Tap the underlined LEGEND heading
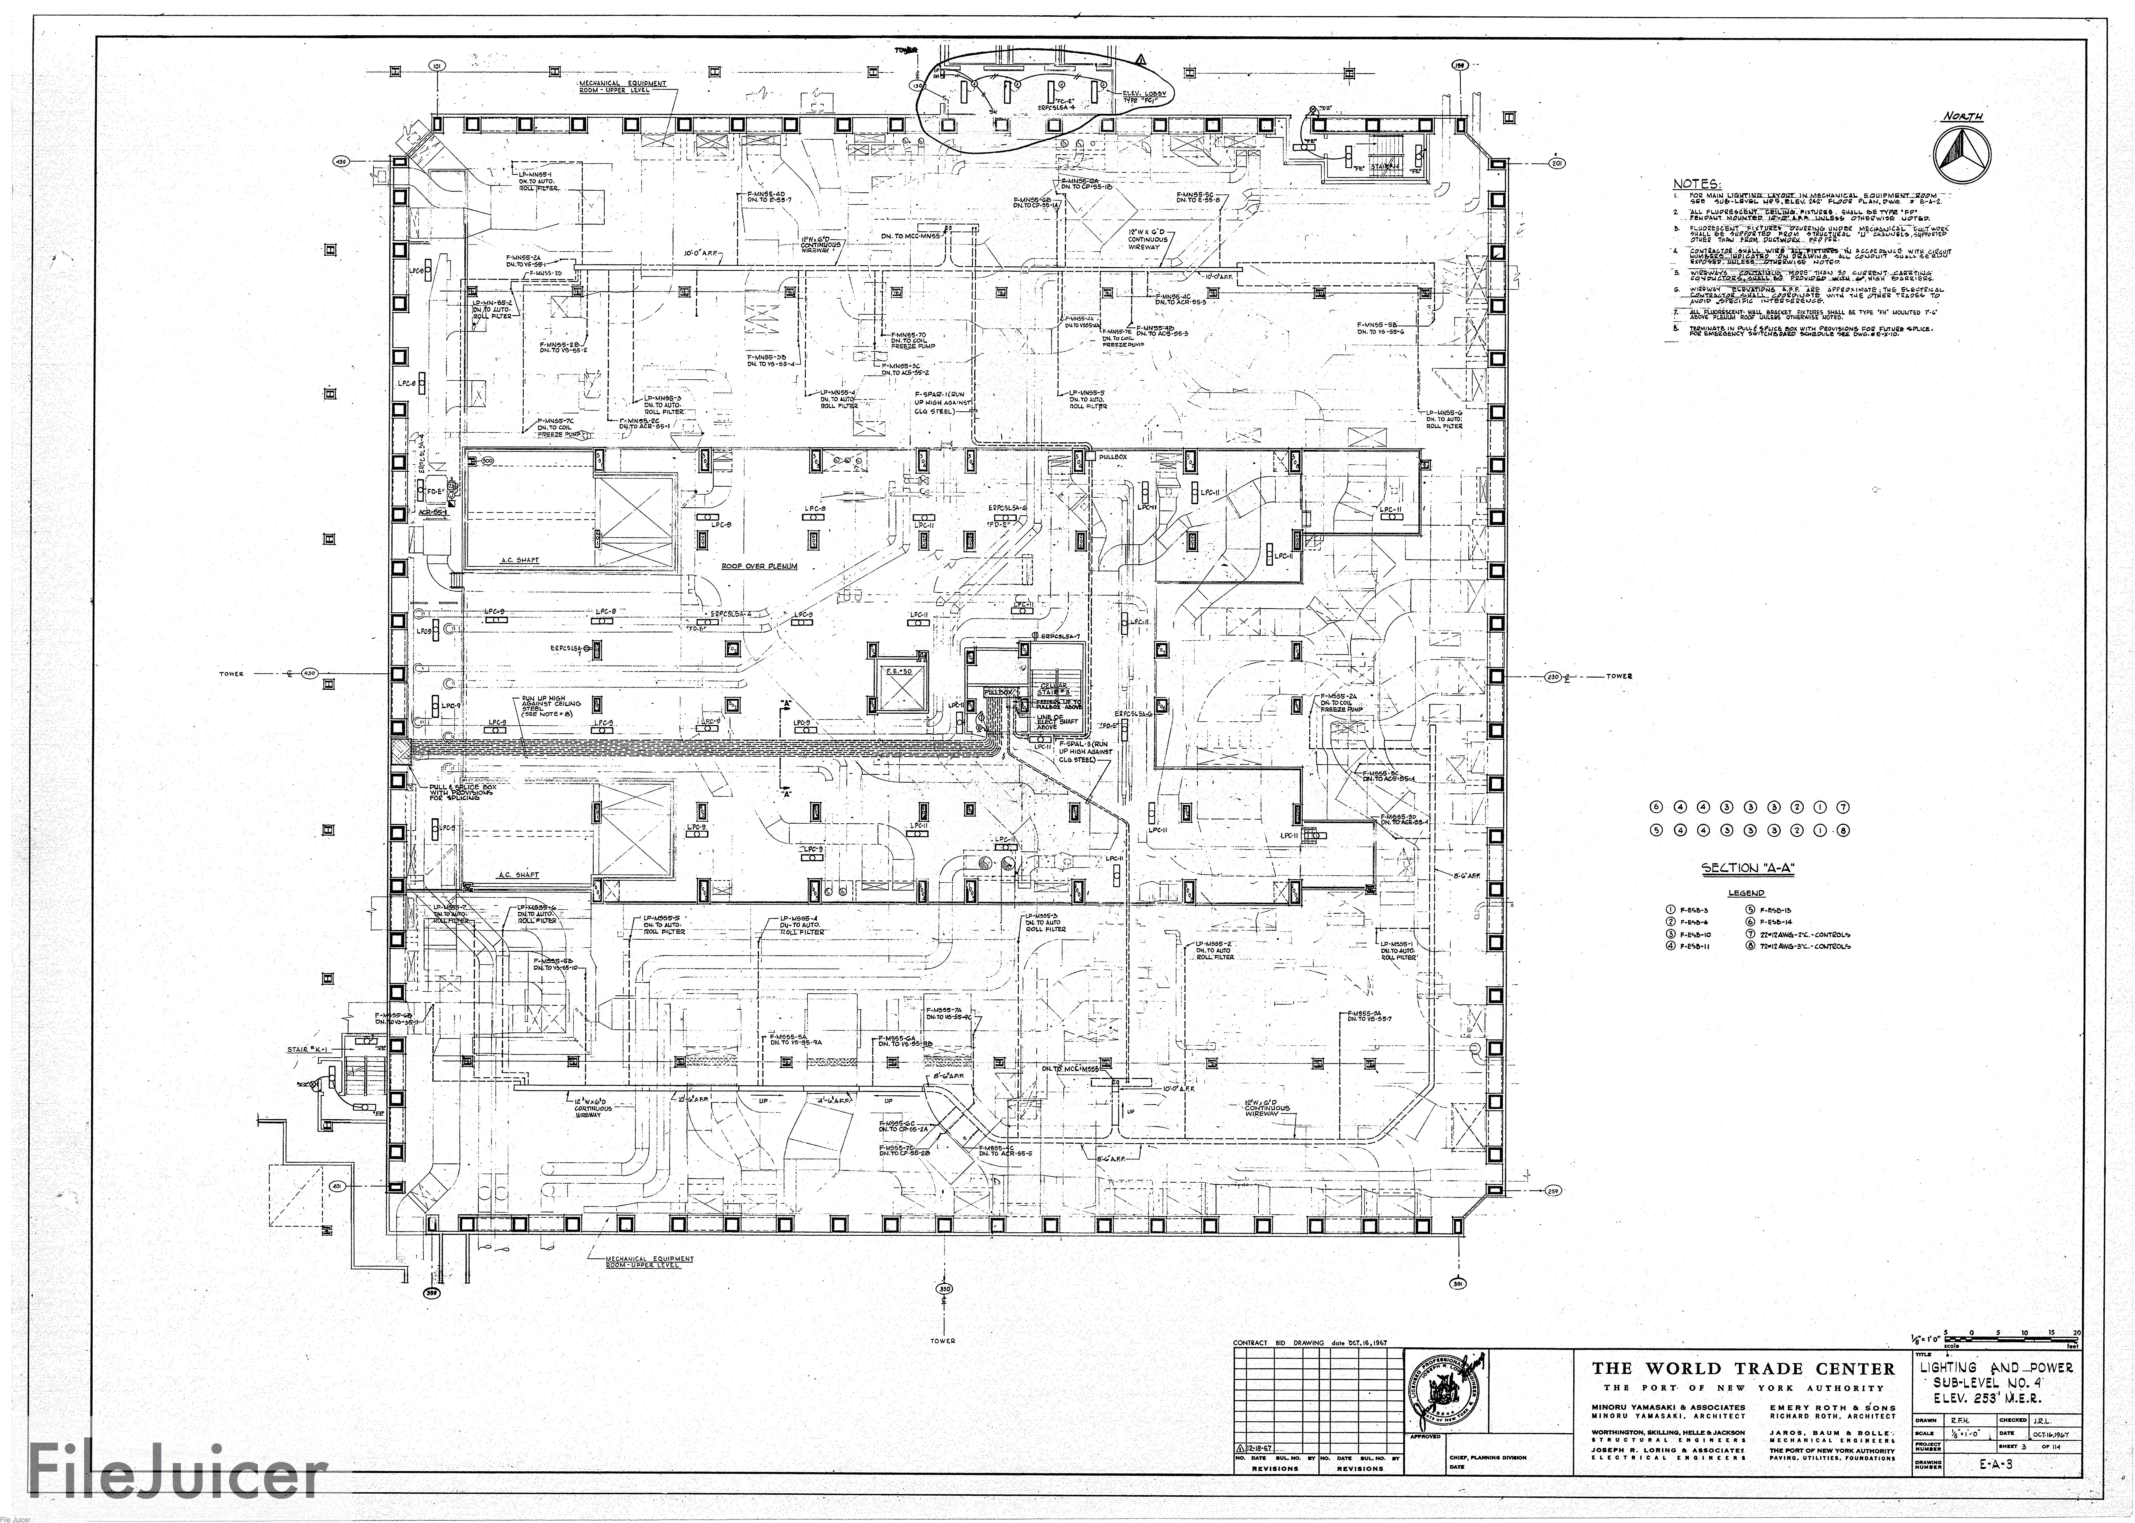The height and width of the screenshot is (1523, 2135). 1746,893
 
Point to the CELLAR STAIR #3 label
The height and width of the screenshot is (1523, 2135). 1054,689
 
